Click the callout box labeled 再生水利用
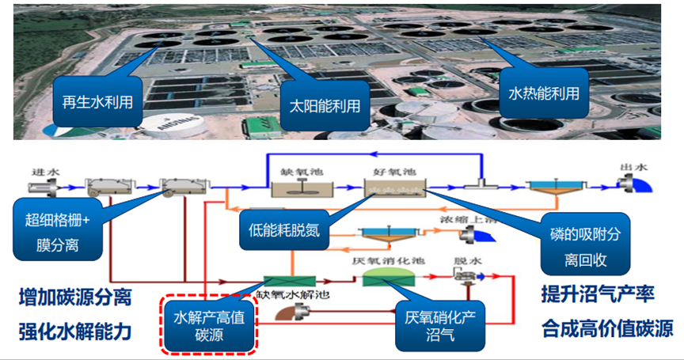click(97, 101)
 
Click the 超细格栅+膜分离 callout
click(58, 229)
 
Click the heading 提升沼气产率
click(597, 294)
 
